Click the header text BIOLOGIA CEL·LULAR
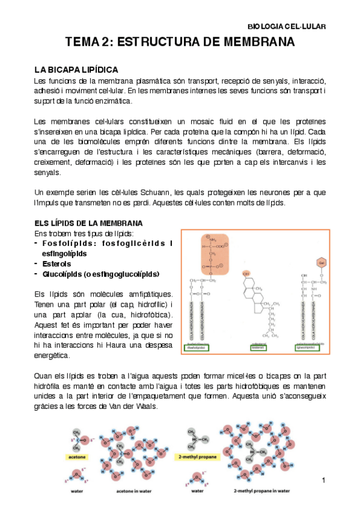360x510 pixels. [x=287, y=26]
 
